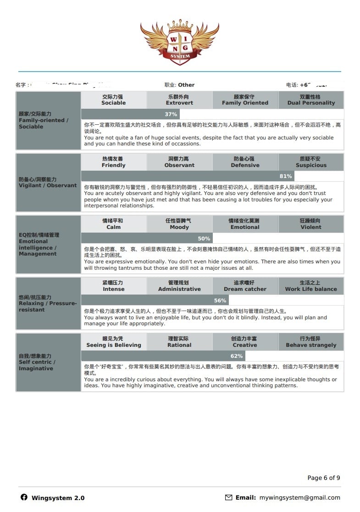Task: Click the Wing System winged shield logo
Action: point(180,42)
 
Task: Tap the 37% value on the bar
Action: point(171,114)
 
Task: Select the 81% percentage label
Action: point(286,176)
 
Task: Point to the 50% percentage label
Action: point(204,239)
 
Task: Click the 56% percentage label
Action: point(220,301)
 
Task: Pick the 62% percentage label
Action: point(237,356)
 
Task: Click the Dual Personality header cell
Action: point(311,100)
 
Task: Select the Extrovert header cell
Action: point(179,100)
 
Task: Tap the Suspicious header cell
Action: point(311,162)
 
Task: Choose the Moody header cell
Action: point(179,224)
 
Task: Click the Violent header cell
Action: point(311,224)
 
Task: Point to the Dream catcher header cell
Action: point(245,286)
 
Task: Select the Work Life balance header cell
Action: point(311,286)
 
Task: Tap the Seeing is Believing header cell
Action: point(114,342)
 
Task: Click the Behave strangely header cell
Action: point(311,342)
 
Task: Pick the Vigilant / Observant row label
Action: point(48,183)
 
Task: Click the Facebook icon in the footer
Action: point(24,497)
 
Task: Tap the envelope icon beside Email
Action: point(228,497)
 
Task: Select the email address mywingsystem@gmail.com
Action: point(299,497)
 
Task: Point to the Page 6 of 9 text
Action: point(323,478)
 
